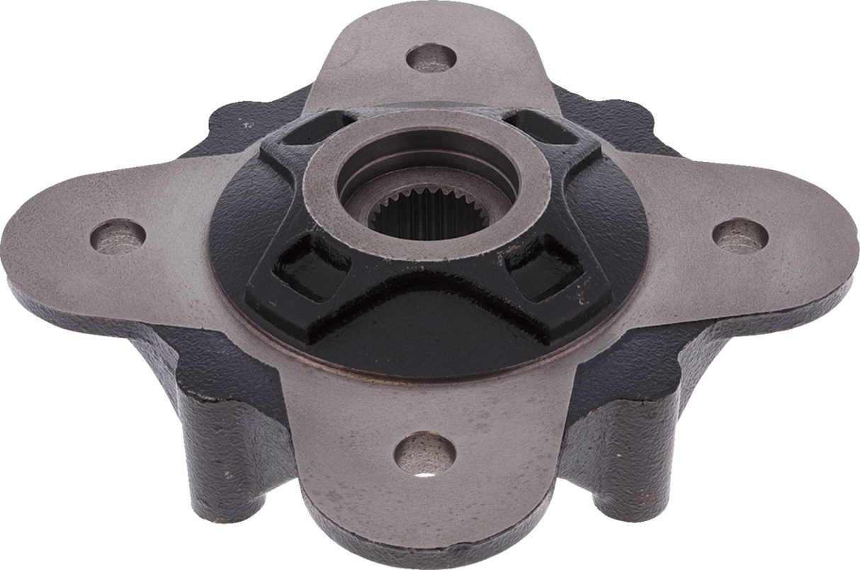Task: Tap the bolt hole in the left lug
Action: tap(118, 235)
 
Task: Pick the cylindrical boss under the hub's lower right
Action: tap(623, 453)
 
